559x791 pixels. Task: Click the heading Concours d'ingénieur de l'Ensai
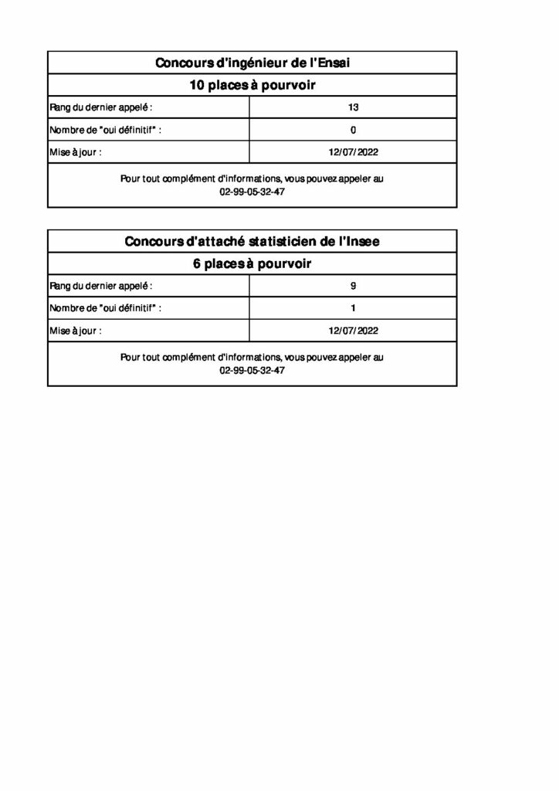click(x=252, y=63)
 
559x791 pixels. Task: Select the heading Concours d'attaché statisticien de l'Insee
click(x=252, y=242)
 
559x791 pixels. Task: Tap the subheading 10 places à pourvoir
click(x=252, y=85)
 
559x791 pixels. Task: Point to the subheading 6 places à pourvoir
click(x=252, y=264)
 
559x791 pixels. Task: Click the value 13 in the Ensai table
click(x=354, y=107)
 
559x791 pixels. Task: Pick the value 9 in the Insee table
click(x=354, y=286)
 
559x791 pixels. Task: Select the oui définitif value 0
click(x=354, y=130)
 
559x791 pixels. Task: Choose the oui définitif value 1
click(x=354, y=308)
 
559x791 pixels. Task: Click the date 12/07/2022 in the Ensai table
click(x=354, y=152)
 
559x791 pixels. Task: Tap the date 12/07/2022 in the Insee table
click(x=354, y=331)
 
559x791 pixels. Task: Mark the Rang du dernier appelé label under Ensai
click(x=101, y=107)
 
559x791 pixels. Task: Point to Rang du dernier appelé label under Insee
click(x=101, y=286)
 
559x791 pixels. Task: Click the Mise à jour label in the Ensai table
click(x=76, y=152)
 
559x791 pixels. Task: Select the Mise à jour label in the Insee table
click(x=76, y=331)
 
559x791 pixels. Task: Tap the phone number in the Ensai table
click(x=252, y=192)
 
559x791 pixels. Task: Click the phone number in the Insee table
click(x=252, y=370)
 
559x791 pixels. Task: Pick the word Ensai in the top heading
click(x=333, y=63)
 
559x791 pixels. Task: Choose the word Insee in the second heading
click(x=361, y=242)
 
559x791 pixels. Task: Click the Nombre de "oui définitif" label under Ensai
click(x=106, y=130)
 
